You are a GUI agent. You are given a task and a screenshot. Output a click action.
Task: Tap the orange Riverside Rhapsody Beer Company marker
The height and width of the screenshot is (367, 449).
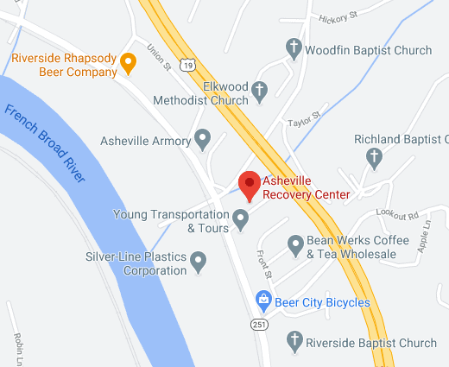(x=128, y=61)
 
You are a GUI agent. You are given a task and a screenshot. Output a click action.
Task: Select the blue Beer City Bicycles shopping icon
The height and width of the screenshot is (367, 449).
(x=264, y=301)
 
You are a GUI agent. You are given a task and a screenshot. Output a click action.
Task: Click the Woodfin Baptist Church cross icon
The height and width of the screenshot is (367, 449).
(x=294, y=49)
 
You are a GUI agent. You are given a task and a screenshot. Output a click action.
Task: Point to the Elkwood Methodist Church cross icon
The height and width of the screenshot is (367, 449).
(x=259, y=88)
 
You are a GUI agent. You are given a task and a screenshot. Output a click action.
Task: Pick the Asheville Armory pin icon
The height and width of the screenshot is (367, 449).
(x=203, y=137)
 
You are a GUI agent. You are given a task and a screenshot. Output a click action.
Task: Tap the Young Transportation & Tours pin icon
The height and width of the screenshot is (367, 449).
(x=242, y=221)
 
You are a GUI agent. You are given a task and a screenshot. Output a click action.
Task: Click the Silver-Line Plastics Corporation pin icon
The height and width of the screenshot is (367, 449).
(x=199, y=259)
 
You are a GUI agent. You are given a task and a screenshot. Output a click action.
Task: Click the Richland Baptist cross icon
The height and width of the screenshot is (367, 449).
(x=374, y=156)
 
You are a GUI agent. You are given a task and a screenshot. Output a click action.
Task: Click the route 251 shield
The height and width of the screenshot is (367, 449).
(x=260, y=324)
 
